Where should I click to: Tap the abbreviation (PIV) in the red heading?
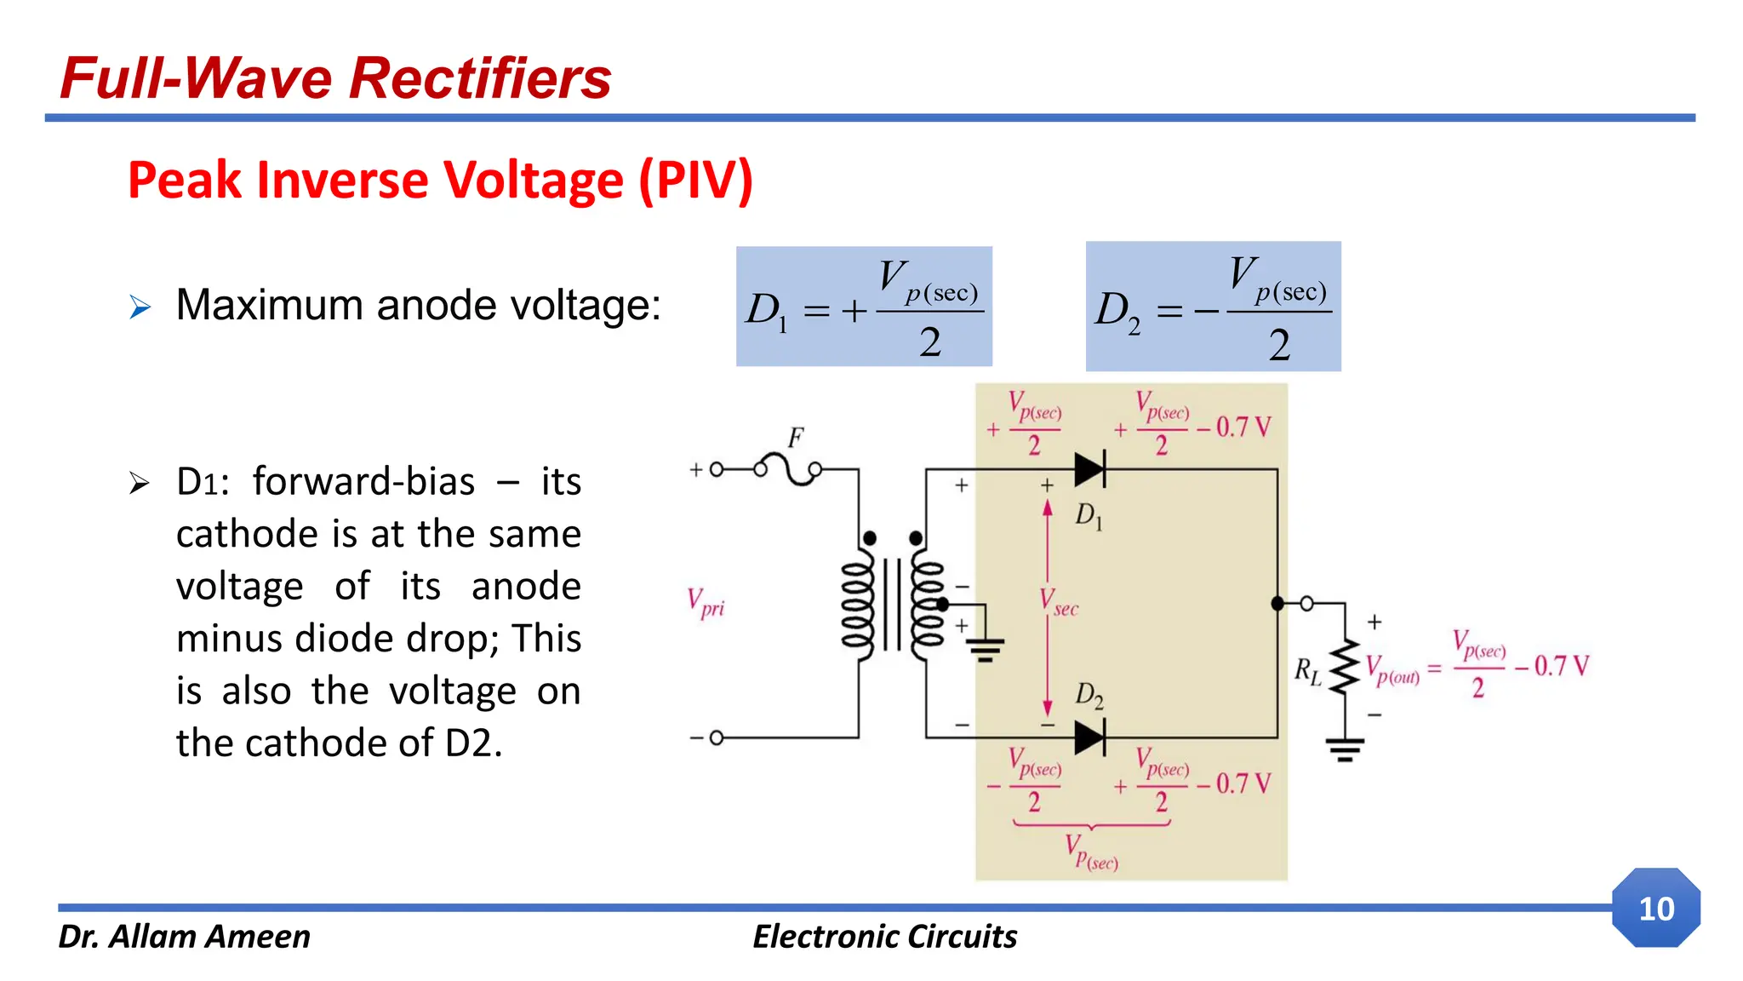(695, 181)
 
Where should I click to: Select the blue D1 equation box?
(863, 307)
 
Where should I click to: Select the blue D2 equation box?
(1213, 307)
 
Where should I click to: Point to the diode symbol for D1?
(1089, 469)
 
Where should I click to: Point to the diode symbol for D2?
(1089, 737)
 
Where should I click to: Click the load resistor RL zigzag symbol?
(1345, 667)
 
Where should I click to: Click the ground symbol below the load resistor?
(1345, 750)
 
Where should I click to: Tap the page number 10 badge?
(1655, 909)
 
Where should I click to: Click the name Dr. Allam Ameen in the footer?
(184, 937)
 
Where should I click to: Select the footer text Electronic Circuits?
(884, 937)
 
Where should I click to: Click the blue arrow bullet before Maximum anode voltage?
(140, 307)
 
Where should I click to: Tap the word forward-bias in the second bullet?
(363, 482)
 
